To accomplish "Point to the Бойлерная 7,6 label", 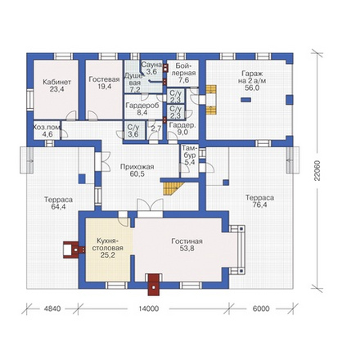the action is (x=186, y=73).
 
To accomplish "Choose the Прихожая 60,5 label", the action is (x=137, y=170).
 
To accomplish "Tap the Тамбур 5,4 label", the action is (x=189, y=155).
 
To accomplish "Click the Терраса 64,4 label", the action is (x=59, y=203).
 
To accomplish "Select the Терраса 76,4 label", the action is (x=260, y=201).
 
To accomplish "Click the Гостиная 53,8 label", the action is (x=187, y=245).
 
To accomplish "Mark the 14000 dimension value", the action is (x=148, y=308).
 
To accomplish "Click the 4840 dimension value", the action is (x=52, y=308).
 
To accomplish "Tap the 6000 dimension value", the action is (x=261, y=308).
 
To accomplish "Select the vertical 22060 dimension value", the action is (x=317, y=170).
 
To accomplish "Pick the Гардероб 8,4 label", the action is (x=141, y=109).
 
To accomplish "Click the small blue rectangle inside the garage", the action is (x=245, y=100).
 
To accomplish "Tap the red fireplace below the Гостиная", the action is (x=155, y=285).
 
